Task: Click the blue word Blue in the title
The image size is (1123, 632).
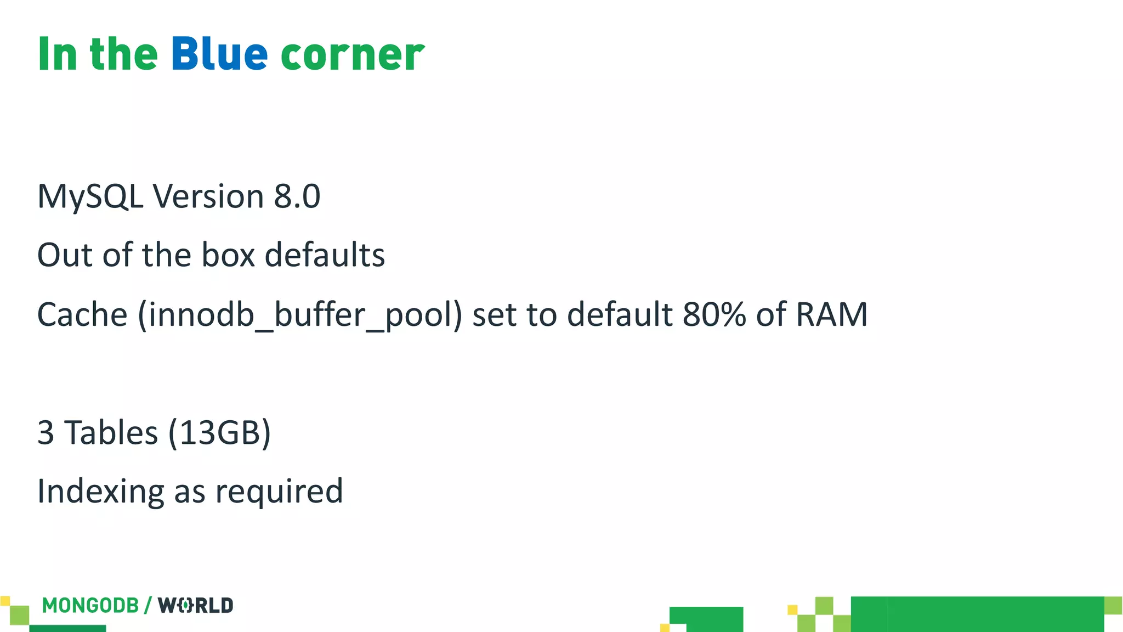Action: point(219,54)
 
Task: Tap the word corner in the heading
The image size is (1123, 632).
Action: point(352,56)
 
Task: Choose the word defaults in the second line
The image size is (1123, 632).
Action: point(325,255)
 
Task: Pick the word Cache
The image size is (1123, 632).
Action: point(82,314)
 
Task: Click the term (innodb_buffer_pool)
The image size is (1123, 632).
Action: point(300,315)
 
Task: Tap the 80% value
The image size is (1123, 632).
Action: point(714,314)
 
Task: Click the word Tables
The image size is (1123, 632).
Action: point(111,432)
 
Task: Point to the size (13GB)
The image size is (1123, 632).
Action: point(219,433)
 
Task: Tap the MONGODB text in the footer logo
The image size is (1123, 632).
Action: point(90,606)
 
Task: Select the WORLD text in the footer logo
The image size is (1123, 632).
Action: point(195,606)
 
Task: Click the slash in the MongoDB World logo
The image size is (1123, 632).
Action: point(148,606)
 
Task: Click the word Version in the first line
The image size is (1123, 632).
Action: point(208,196)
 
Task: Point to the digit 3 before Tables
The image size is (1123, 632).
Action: point(46,432)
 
